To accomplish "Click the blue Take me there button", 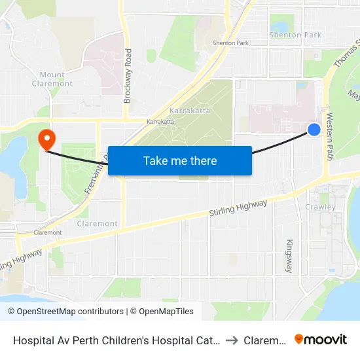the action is (180, 160).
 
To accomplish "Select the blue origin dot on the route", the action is (314, 130).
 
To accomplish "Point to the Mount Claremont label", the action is (52, 79).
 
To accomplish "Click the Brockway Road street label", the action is (128, 76).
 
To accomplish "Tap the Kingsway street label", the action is (289, 256).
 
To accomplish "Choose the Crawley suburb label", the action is (320, 207).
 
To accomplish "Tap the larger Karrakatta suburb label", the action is (190, 111).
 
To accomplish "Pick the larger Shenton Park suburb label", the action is (295, 35).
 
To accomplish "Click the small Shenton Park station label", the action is (230, 43).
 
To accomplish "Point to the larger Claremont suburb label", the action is (97, 224).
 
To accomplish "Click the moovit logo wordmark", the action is (321, 340).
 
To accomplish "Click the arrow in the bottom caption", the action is (232, 340).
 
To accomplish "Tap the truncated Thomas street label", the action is (347, 56).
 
